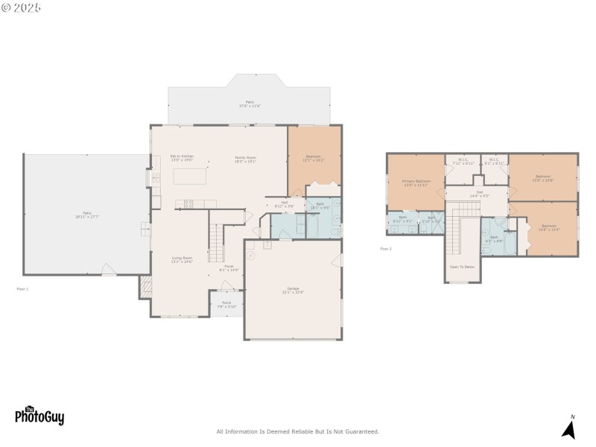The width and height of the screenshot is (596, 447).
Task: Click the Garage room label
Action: click(x=292, y=290)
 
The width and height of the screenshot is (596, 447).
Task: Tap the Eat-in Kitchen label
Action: click(x=182, y=157)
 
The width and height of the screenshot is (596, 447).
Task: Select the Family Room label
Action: click(x=246, y=159)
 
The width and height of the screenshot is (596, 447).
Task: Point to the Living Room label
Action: click(x=182, y=260)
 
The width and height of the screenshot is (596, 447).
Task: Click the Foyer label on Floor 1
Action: click(x=229, y=267)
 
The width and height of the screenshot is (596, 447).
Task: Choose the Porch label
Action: click(x=226, y=304)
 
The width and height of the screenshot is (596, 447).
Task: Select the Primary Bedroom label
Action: click(x=416, y=183)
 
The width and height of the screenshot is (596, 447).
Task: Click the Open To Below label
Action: click(x=462, y=266)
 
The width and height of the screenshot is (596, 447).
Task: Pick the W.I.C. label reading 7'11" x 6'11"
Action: click(x=463, y=161)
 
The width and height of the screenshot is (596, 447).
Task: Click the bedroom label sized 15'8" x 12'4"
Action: click(x=549, y=227)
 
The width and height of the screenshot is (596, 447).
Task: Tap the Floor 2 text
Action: click(x=385, y=248)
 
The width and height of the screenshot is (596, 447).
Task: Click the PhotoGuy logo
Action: click(x=39, y=415)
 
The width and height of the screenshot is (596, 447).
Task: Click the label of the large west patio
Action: click(x=86, y=215)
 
